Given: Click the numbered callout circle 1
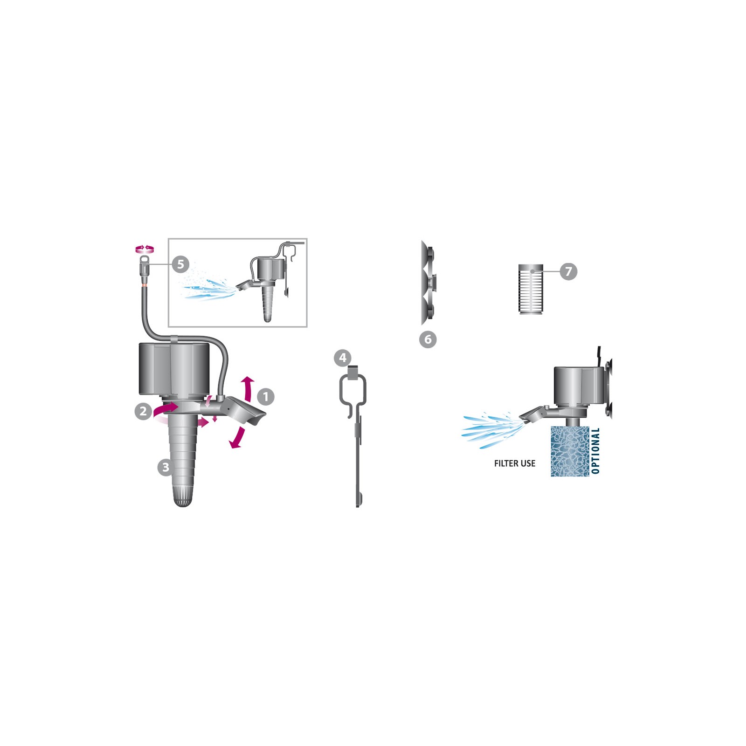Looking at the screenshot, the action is pos(266,397).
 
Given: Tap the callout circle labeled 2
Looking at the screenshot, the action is pos(143,411).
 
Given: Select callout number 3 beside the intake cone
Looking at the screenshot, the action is pos(166,467).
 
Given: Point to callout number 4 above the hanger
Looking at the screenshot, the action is pos(343,358).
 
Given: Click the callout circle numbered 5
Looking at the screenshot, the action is pos(180,264).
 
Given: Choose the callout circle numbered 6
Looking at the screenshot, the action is pos(428,339).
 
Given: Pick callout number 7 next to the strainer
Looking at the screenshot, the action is pos(568,271).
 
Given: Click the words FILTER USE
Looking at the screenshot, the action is pos(515,463).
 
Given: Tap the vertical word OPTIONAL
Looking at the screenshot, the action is pos(595,451).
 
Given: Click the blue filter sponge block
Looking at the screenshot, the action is pos(570,451).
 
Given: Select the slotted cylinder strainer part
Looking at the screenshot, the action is pos(531,289).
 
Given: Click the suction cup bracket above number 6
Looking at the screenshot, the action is pos(429,283).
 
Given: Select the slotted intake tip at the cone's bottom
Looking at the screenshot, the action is pos(183,496).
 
